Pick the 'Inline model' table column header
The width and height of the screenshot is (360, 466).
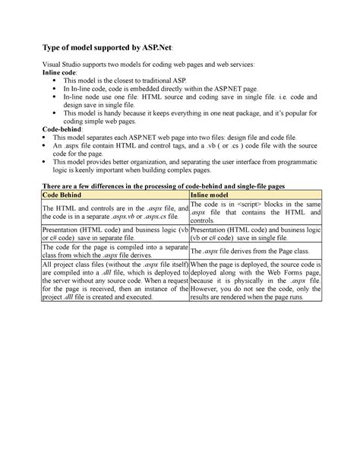pos(210,195)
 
